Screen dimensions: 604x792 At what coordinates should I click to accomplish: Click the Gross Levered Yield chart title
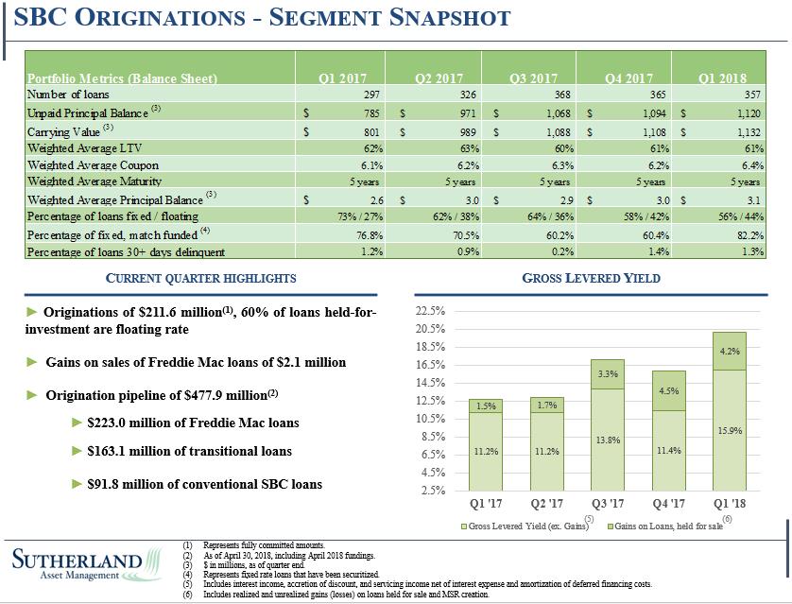[x=592, y=278]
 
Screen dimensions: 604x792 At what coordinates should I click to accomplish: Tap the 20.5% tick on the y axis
[x=430, y=328]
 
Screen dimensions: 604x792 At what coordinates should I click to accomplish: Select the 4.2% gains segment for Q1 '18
[x=729, y=351]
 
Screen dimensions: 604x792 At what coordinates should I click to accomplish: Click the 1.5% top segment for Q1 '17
[x=484, y=406]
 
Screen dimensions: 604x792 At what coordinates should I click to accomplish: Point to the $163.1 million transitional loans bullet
[x=189, y=451]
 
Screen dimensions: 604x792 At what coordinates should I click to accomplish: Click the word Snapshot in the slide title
[x=439, y=17]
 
